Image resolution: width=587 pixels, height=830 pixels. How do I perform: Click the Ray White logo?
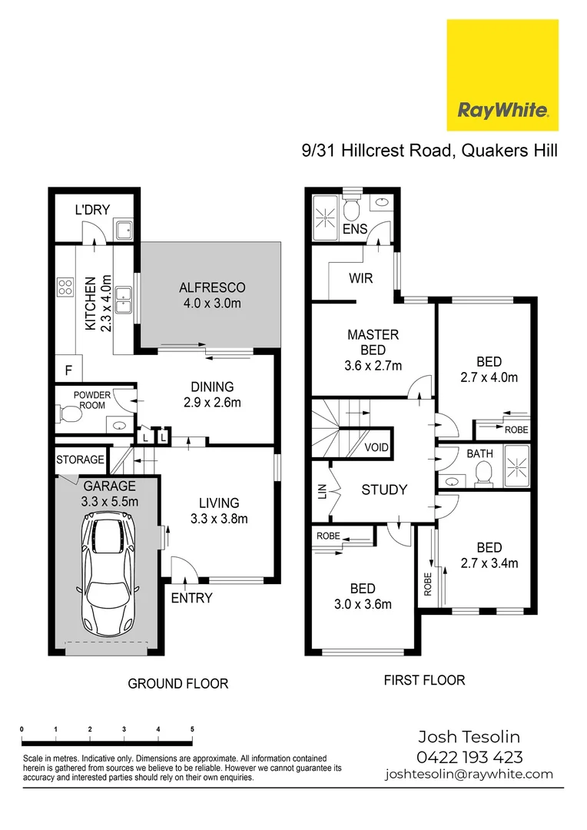click(502, 75)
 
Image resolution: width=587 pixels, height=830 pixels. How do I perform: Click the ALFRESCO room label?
click(212, 287)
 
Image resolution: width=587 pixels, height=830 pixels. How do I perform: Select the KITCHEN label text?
click(90, 304)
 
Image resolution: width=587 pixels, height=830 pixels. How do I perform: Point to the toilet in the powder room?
click(70, 416)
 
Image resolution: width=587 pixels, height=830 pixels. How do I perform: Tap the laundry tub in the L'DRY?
click(123, 228)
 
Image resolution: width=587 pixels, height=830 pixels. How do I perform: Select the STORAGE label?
click(80, 460)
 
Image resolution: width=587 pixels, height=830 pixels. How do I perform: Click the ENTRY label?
click(191, 598)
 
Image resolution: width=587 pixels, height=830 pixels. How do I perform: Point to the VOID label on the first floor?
click(376, 447)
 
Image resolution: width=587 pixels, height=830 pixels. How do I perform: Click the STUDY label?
click(383, 490)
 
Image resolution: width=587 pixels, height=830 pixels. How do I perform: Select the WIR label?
click(360, 277)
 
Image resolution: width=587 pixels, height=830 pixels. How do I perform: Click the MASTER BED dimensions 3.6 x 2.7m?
click(373, 366)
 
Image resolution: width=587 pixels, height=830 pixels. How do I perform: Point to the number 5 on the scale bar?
click(192, 729)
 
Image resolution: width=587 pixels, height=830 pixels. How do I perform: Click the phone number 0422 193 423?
click(469, 756)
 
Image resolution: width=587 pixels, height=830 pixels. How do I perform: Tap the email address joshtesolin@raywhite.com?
click(469, 774)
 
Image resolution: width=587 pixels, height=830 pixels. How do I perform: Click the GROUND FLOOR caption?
click(177, 683)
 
